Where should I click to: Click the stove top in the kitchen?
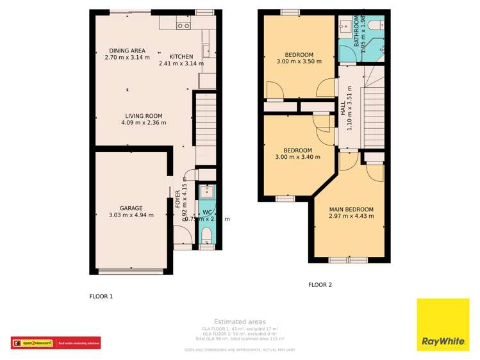click(183, 26)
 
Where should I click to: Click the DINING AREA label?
click(127, 51)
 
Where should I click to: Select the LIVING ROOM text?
click(144, 116)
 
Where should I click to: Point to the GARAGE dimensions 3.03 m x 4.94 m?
click(131, 215)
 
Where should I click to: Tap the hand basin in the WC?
click(206, 191)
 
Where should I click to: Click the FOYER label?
click(178, 199)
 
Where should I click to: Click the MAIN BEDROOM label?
click(351, 209)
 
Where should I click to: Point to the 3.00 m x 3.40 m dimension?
click(297, 158)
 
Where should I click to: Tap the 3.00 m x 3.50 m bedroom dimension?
click(297, 61)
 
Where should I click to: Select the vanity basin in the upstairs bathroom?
click(345, 26)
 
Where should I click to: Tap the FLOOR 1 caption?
click(101, 297)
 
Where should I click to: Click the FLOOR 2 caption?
click(320, 285)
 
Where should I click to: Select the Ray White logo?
click(443, 325)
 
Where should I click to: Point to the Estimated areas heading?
click(240, 322)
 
